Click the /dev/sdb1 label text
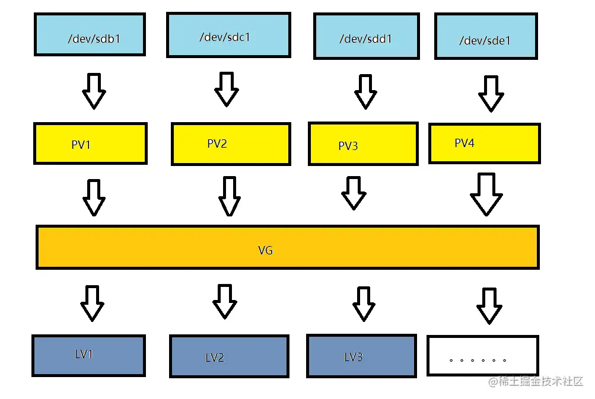94,39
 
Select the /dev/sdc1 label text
225,37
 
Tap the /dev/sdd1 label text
365,39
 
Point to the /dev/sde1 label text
485,40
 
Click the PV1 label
81,145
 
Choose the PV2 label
217,143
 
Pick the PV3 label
348,146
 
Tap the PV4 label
464,143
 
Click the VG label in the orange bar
265,250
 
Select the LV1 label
84,354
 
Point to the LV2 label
214,357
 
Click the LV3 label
354,356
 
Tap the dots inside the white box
478,360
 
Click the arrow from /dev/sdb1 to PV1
94,91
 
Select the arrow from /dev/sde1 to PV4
491,94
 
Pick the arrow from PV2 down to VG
229,196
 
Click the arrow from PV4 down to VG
486,194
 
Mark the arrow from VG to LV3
364,304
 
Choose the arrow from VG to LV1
92,303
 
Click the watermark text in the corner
536,381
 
